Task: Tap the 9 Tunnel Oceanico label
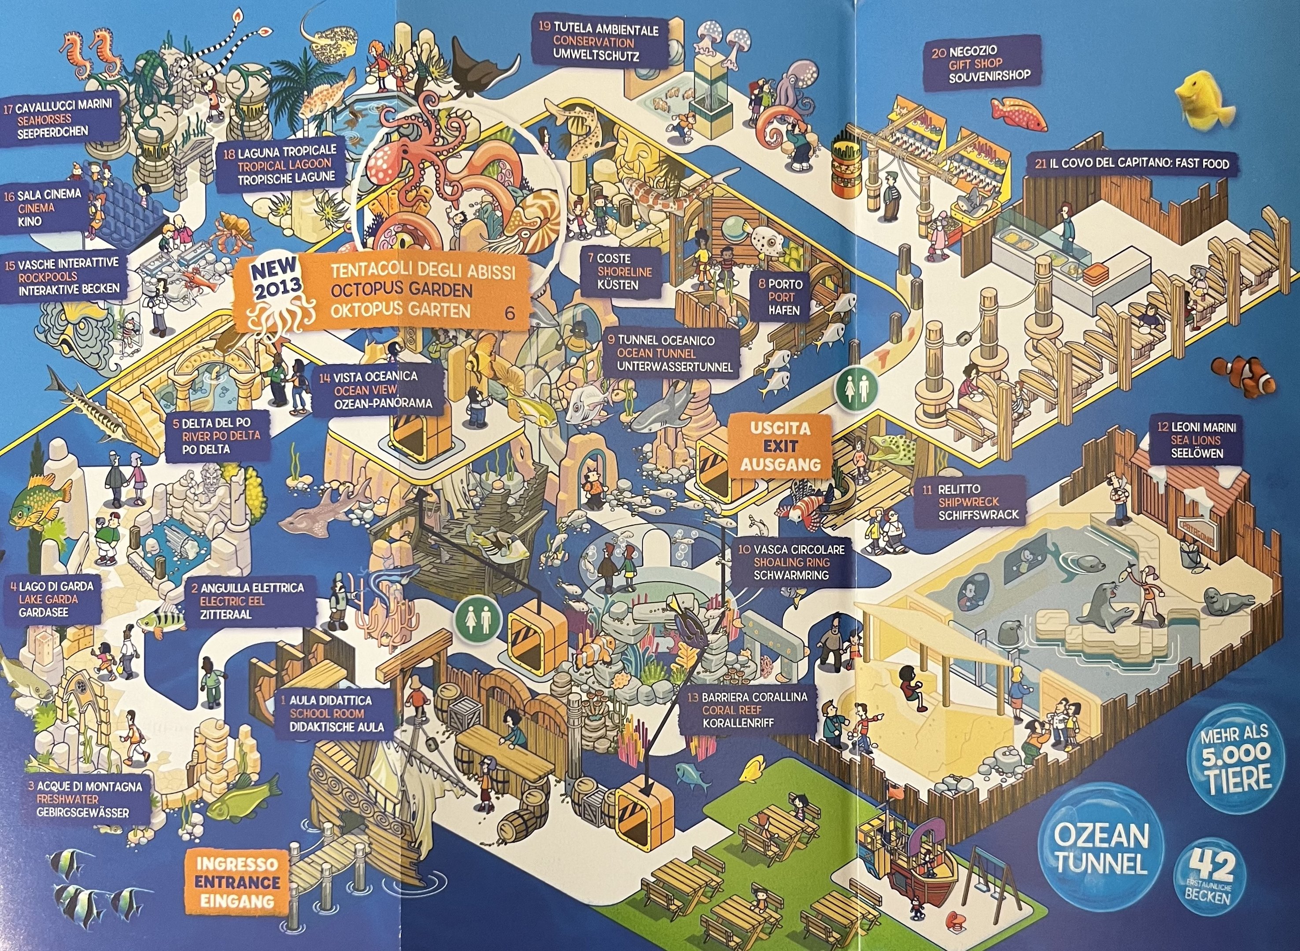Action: click(668, 354)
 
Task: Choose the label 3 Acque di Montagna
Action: click(86, 799)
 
